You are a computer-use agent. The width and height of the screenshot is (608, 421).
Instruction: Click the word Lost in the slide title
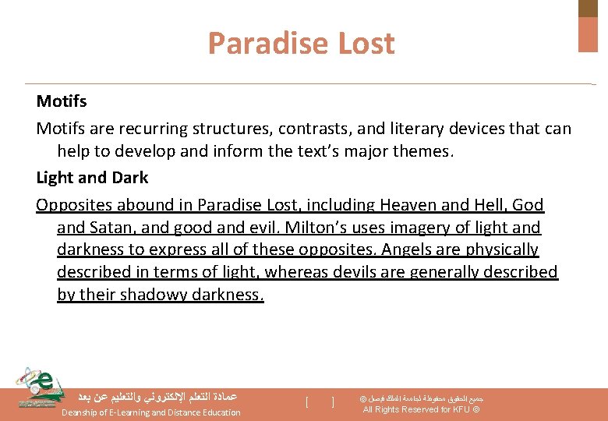click(366, 44)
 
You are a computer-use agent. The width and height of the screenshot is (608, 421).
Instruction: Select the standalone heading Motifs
click(62, 101)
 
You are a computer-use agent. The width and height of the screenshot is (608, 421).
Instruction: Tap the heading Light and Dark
click(92, 178)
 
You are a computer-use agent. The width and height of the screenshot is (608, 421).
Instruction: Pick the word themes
click(424, 150)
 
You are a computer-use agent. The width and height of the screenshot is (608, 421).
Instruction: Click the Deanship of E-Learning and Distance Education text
click(151, 412)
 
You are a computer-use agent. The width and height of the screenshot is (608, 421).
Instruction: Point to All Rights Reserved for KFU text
click(416, 410)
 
